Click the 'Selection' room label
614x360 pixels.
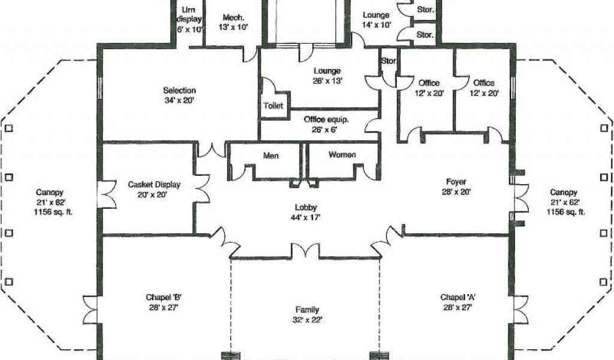179,91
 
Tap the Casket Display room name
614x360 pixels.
154,185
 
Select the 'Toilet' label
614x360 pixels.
273,106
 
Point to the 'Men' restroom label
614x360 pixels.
271,156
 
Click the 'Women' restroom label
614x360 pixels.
342,155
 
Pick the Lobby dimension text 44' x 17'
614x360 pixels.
305,217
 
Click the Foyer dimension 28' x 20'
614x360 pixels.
456,192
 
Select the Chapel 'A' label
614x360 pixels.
458,298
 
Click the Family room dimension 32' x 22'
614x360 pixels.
308,320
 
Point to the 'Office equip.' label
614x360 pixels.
326,119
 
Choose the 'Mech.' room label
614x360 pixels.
233,17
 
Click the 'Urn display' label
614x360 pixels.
189,14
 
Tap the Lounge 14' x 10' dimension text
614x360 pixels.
376,25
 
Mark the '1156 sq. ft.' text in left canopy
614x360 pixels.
53,212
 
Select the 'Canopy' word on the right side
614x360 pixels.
564,193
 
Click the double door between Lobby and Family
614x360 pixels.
305,251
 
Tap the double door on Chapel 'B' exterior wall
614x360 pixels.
91,310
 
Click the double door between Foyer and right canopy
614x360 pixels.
521,198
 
